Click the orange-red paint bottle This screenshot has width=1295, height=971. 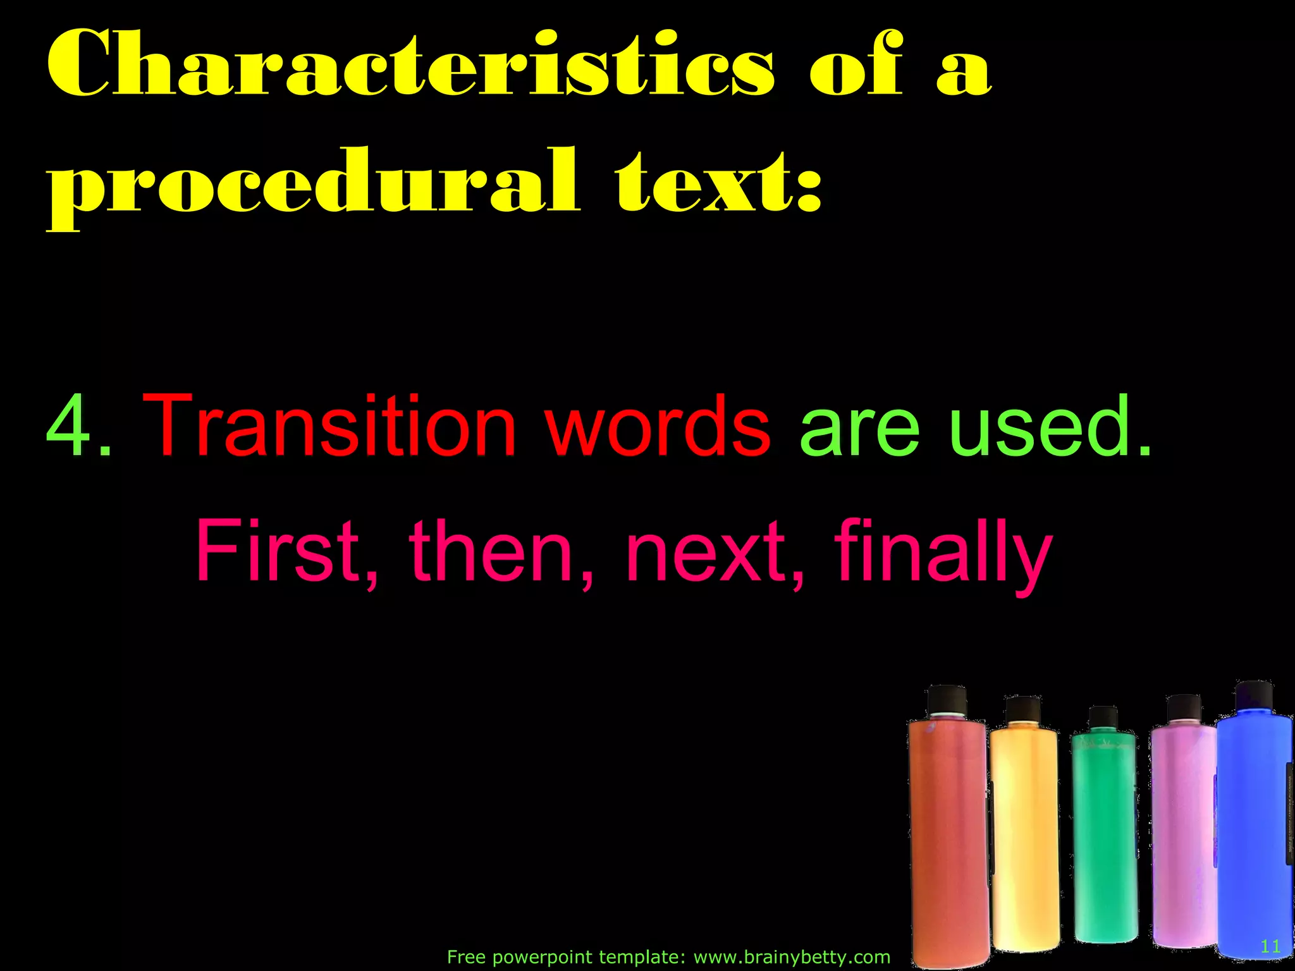click(948, 841)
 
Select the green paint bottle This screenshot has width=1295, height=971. click(1104, 834)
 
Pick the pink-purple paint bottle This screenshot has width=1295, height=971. click(1182, 834)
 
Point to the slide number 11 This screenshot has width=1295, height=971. click(1270, 946)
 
